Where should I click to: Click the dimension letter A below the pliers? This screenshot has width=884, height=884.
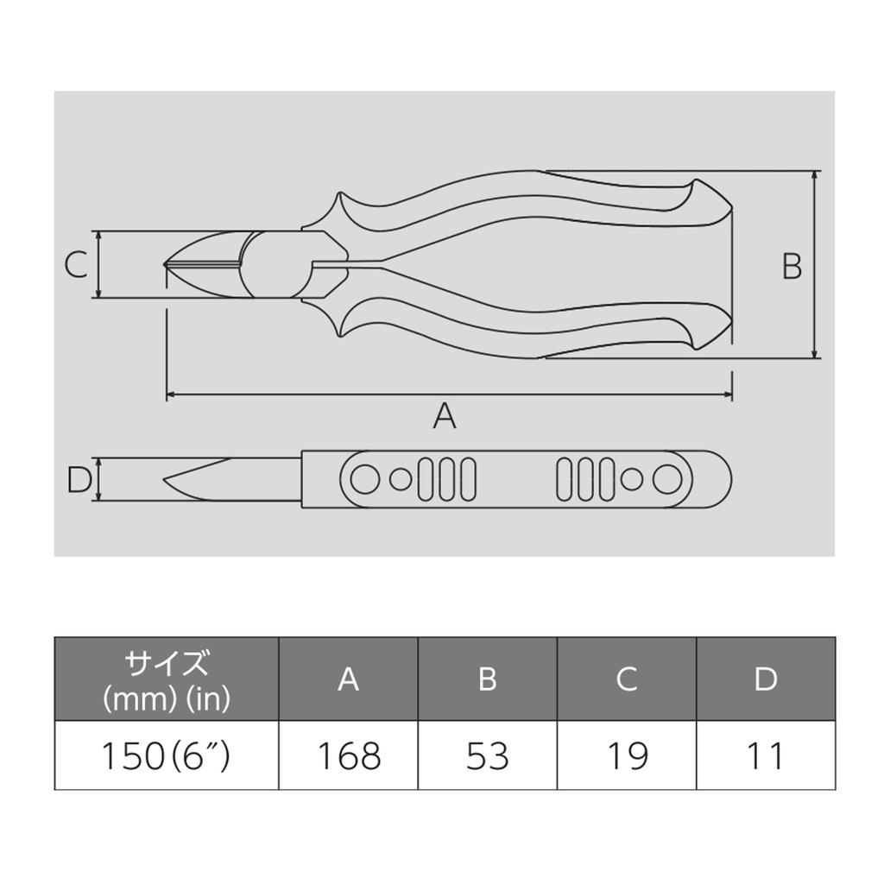(445, 416)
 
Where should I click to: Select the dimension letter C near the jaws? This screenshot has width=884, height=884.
(76, 264)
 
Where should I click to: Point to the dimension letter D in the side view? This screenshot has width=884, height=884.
(79, 480)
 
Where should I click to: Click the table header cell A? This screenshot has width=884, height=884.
(349, 679)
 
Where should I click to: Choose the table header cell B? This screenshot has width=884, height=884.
(488, 679)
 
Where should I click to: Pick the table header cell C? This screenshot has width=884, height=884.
(627, 679)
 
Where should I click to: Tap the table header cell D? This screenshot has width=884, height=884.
(767, 679)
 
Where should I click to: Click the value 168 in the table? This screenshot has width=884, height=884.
(350, 756)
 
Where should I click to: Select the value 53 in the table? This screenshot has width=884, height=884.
(488, 756)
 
